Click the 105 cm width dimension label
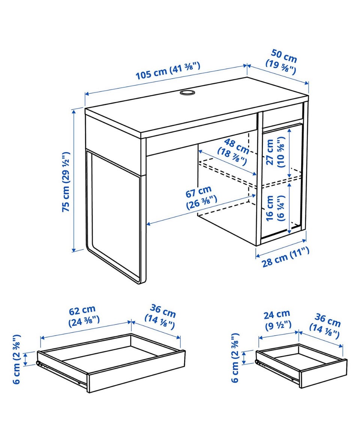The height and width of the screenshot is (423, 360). pyautogui.click(x=168, y=70)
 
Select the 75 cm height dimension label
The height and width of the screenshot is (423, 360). pyautogui.click(x=66, y=182)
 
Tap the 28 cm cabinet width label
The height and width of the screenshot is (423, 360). pyautogui.click(x=285, y=257)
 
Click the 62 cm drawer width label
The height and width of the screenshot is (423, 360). pyautogui.click(x=84, y=315)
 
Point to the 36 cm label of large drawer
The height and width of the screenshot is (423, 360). pyautogui.click(x=161, y=316)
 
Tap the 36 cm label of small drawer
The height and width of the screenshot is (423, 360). pyautogui.click(x=325, y=326)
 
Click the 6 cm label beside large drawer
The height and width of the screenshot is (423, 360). pyautogui.click(x=17, y=359)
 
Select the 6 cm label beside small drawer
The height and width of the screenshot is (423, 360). pyautogui.click(x=235, y=358)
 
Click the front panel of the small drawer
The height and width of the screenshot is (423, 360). pyautogui.click(x=323, y=374)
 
